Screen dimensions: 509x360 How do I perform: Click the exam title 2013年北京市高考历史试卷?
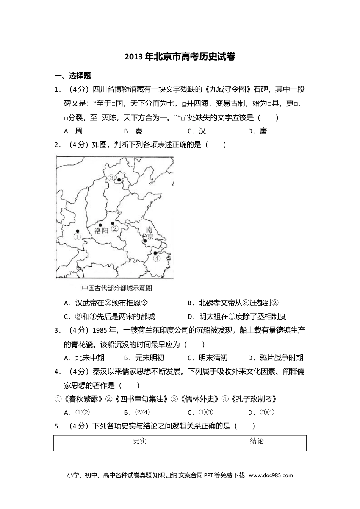(x=180, y=57)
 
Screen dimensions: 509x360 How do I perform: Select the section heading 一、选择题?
(x=72, y=76)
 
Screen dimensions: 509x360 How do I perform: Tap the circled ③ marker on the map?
(x=111, y=178)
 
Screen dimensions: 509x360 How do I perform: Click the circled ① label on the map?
(x=77, y=237)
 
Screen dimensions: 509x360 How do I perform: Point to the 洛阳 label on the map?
(x=101, y=230)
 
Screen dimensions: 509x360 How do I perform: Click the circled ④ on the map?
(x=157, y=258)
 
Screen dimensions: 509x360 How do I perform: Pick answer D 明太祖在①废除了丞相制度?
(x=237, y=316)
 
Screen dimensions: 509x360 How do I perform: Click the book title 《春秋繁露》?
(x=79, y=399)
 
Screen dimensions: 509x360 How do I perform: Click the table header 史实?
(x=139, y=441)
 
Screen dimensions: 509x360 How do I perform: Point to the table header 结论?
(x=257, y=441)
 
